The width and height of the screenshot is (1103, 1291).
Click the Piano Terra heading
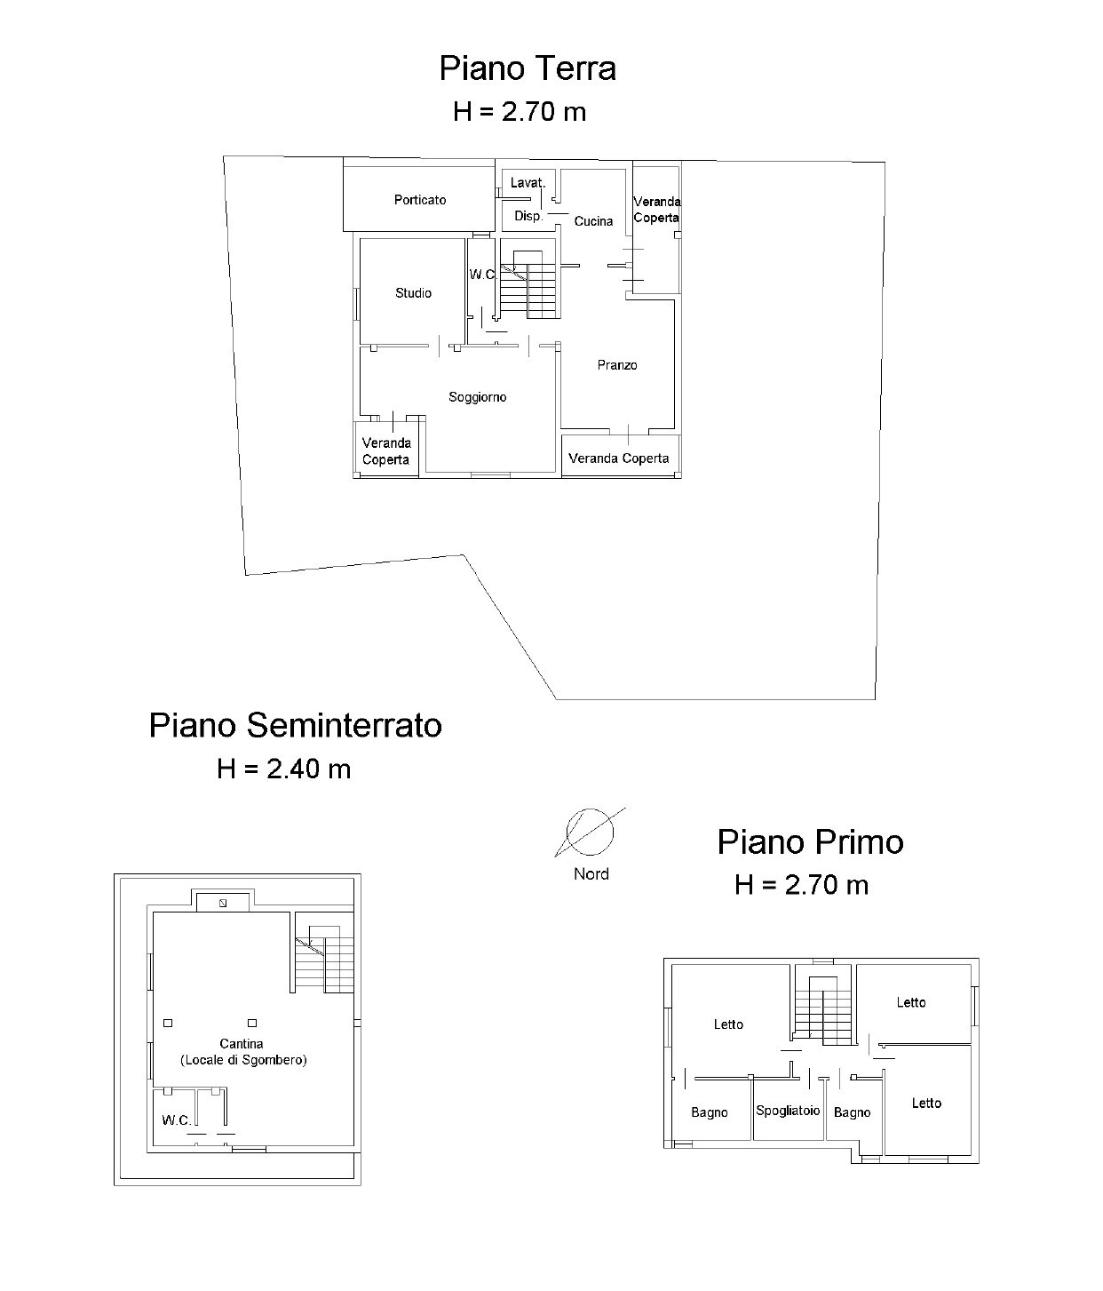(x=528, y=68)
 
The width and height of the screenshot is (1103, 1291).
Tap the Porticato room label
(x=420, y=200)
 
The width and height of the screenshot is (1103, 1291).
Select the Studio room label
(x=413, y=293)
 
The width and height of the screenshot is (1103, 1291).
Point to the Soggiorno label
(x=478, y=397)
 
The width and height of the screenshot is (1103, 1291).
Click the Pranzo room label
(x=617, y=365)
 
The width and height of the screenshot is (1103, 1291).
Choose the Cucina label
(x=593, y=221)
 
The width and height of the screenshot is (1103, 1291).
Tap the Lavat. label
(x=528, y=183)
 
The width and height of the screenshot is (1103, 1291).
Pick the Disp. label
(x=528, y=216)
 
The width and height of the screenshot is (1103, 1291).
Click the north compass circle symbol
(x=590, y=832)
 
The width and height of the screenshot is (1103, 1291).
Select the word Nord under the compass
(x=591, y=873)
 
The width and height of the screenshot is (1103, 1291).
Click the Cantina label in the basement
(x=242, y=1044)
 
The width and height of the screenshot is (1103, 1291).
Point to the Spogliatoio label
(x=788, y=1111)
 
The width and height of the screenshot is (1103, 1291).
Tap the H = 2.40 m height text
(x=284, y=769)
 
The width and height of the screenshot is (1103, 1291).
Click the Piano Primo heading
(x=810, y=842)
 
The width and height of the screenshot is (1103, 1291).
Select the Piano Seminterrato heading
(x=295, y=726)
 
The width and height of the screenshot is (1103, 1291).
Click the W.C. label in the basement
(x=177, y=1120)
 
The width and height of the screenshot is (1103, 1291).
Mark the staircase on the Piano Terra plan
(x=528, y=284)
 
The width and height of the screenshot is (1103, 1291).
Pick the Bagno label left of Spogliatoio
(x=710, y=1112)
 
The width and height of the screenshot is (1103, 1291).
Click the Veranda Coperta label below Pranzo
(x=619, y=458)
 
